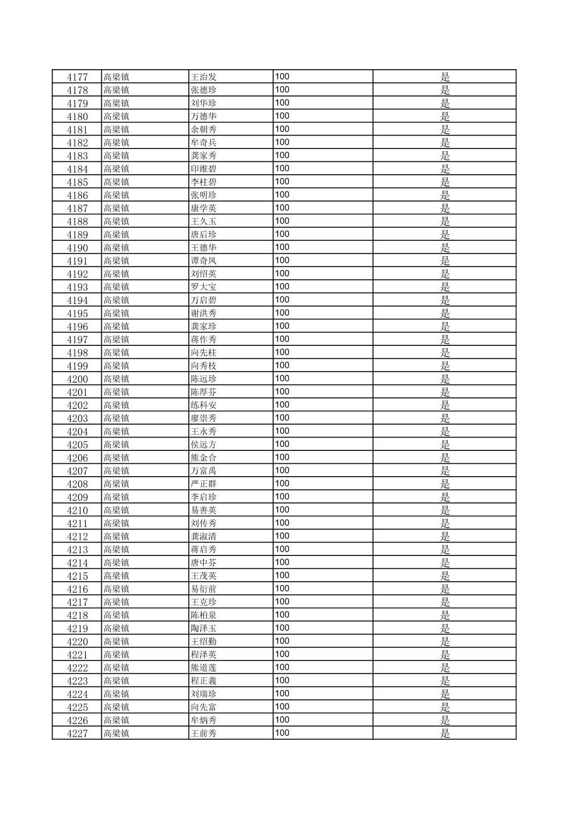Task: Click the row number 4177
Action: (x=77, y=77)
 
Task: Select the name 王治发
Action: (x=204, y=77)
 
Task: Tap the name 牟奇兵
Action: (x=204, y=143)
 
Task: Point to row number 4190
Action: (x=77, y=248)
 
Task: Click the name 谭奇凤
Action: (x=204, y=261)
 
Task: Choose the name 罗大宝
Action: (x=204, y=287)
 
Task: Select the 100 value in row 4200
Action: (x=282, y=379)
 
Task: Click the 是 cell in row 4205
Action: (x=445, y=444)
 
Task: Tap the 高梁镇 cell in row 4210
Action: (x=116, y=510)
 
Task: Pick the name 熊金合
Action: (x=204, y=458)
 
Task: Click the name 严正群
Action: (x=204, y=484)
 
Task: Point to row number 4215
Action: (x=77, y=576)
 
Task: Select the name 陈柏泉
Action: (x=204, y=616)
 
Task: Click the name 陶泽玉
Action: (x=204, y=628)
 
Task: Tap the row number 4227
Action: (x=77, y=733)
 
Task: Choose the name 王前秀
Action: (x=204, y=733)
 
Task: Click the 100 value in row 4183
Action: (x=282, y=155)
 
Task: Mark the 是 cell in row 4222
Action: (x=445, y=668)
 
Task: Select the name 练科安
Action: (x=204, y=405)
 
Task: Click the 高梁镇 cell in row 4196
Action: (x=116, y=327)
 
